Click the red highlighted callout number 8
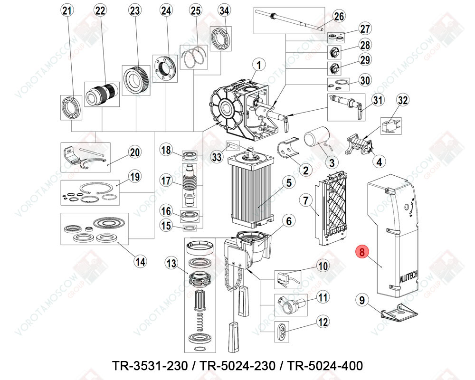coord(362,252)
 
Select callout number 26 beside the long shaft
coord(338,17)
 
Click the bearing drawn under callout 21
coord(71,106)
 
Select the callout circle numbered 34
coord(224,10)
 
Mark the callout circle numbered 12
coord(323,322)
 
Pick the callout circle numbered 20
coord(135,152)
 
